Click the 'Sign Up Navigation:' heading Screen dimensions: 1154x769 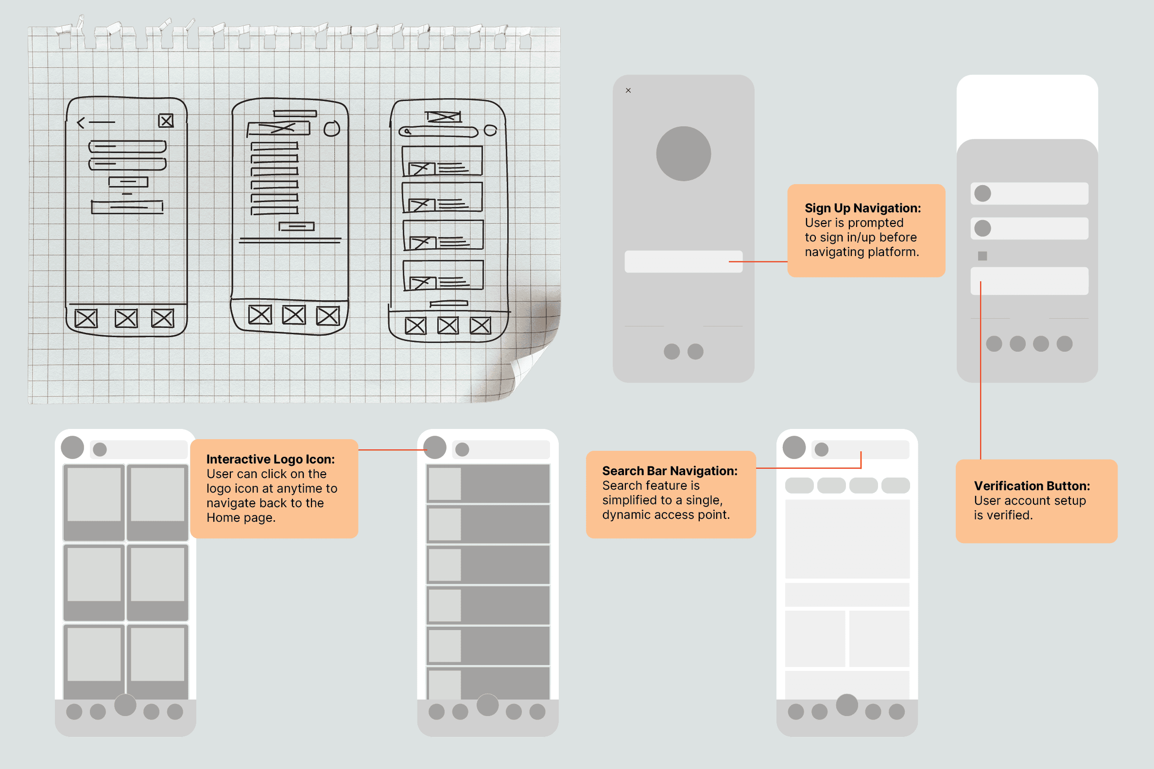(862, 208)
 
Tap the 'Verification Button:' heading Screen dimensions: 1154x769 (1032, 486)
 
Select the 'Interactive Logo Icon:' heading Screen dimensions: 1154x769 (270, 459)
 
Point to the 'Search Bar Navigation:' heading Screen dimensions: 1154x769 (670, 471)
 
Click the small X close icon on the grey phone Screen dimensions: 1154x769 (628, 91)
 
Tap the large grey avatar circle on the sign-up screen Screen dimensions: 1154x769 (683, 154)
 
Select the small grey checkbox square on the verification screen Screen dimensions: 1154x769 (982, 256)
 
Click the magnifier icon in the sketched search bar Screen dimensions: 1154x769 (407, 132)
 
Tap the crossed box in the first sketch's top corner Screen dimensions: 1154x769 (166, 120)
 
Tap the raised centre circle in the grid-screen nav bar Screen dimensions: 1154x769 (125, 705)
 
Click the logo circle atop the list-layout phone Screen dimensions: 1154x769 (434, 447)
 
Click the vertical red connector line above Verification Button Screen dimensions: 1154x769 (981, 370)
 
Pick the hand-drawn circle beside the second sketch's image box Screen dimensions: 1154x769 (331, 129)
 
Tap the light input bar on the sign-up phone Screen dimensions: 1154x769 (683, 261)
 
